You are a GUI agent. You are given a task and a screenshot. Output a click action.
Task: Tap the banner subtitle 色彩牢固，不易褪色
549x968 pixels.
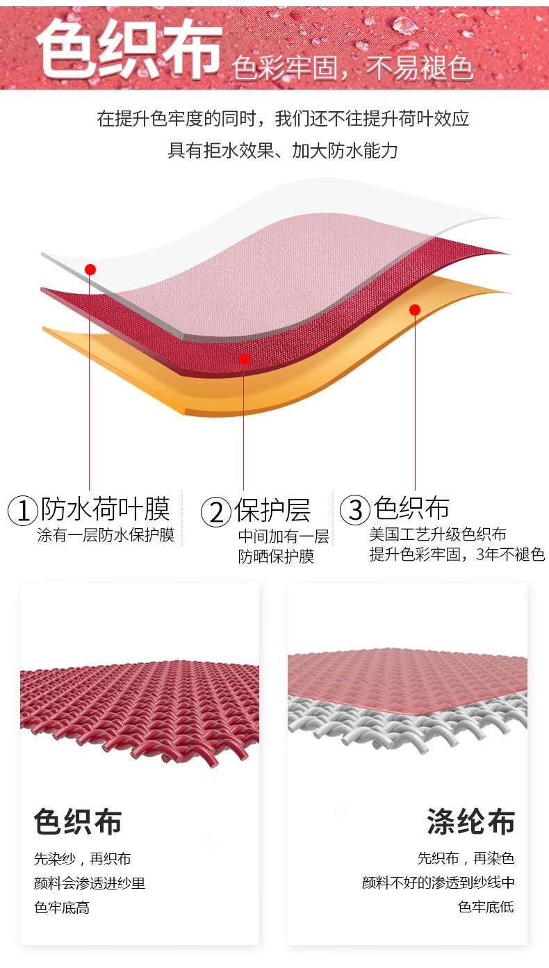353,68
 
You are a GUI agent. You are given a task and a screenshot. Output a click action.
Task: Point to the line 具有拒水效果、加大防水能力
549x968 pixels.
282,150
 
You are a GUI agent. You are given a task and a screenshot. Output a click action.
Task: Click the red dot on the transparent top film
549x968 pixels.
90,269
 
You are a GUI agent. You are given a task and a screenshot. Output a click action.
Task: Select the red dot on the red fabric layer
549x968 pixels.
244,359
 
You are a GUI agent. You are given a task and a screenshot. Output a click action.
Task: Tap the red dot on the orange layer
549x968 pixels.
415,309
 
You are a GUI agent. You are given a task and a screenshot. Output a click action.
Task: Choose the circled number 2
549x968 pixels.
215,512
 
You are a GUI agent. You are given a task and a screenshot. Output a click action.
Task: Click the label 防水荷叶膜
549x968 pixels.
106,509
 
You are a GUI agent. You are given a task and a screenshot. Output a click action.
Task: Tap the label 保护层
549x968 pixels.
272,510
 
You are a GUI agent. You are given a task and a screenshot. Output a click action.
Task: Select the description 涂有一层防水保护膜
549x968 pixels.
106,535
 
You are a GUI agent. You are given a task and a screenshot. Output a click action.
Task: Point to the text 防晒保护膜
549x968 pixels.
276,557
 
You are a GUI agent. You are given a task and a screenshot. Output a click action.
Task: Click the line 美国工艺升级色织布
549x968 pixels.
438,534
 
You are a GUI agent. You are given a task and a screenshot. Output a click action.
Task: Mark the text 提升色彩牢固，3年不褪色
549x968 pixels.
457,555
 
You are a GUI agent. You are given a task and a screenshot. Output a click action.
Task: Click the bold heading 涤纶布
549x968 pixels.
470,822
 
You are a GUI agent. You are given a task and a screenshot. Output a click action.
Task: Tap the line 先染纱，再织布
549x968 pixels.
82,859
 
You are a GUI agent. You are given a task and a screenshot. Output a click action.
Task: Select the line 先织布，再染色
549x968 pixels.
466,859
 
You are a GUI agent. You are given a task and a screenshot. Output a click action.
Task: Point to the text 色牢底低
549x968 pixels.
486,907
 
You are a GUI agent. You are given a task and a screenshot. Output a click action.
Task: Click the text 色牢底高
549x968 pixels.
62,908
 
